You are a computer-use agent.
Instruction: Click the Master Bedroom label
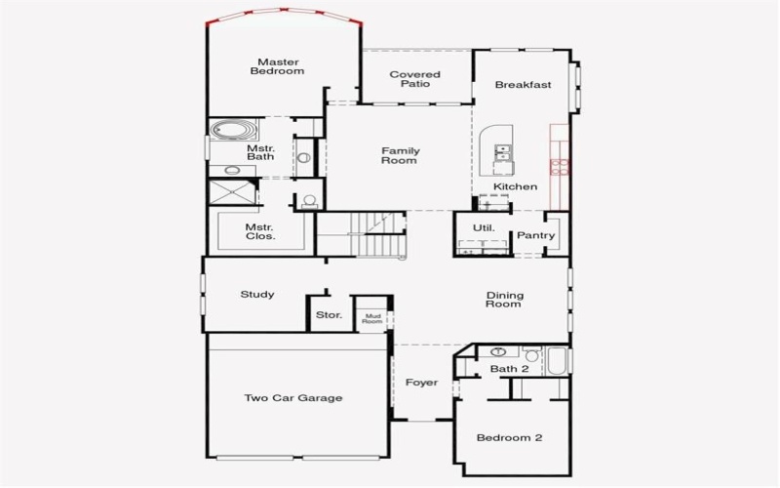point(277,66)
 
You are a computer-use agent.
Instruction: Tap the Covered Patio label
point(415,79)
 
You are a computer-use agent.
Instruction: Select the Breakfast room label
point(523,85)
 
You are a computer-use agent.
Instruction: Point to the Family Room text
point(400,155)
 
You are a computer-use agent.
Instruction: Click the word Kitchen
point(515,186)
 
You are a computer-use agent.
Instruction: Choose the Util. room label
point(484,228)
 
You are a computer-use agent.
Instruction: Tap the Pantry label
point(535,235)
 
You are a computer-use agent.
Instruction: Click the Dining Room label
point(504,300)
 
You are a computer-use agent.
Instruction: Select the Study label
point(257,295)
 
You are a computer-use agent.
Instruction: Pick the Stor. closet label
point(329,315)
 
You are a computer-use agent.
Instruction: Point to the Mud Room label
point(372,317)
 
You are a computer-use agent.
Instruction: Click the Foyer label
point(422,383)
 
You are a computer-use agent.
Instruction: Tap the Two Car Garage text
point(292,398)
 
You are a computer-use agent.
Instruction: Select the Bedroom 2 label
point(509,438)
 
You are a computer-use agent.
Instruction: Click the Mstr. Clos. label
point(260,231)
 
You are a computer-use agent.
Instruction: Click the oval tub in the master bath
point(233,129)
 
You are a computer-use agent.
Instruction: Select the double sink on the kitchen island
point(503,151)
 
